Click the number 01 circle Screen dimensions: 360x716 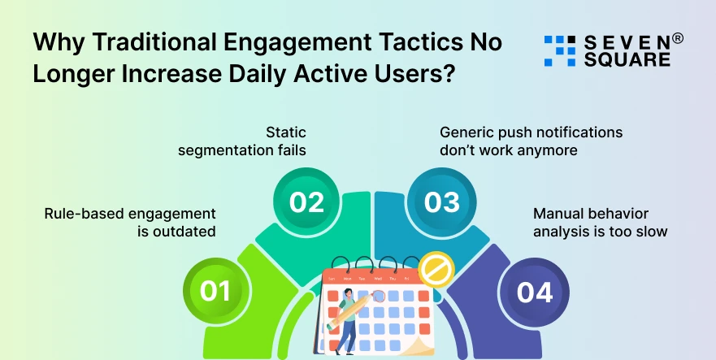[x=215, y=291]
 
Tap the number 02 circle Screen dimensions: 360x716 [x=306, y=202]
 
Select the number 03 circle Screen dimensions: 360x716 [x=441, y=202]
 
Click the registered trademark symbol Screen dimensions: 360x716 [x=677, y=38]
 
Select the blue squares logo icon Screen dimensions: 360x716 [x=559, y=50]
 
